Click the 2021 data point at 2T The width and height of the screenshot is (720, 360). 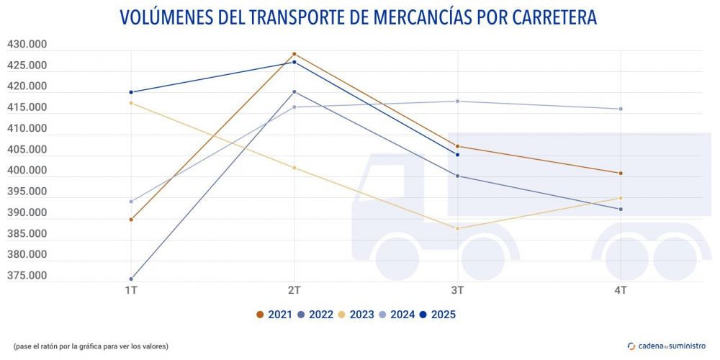click(294, 54)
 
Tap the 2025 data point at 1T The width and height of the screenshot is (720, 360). click(131, 92)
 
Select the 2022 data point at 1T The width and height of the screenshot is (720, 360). click(131, 279)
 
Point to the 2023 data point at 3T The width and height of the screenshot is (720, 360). click(457, 228)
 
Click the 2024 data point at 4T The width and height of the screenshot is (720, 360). click(620, 109)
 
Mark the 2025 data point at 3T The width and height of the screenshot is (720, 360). click(457, 155)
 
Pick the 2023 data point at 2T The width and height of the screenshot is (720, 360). click(294, 168)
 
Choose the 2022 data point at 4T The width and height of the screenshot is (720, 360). click(620, 210)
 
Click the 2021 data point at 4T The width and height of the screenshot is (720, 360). click(620, 173)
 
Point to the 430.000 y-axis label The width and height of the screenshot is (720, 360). click(27, 45)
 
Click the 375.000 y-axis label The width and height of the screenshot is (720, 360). click(27, 276)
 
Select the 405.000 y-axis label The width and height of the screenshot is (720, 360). click(27, 150)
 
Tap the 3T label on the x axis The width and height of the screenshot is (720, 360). click(457, 290)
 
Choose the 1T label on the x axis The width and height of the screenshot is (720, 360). click(131, 290)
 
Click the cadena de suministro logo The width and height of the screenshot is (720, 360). click(667, 346)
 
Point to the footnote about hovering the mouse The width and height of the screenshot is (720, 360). click(91, 346)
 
